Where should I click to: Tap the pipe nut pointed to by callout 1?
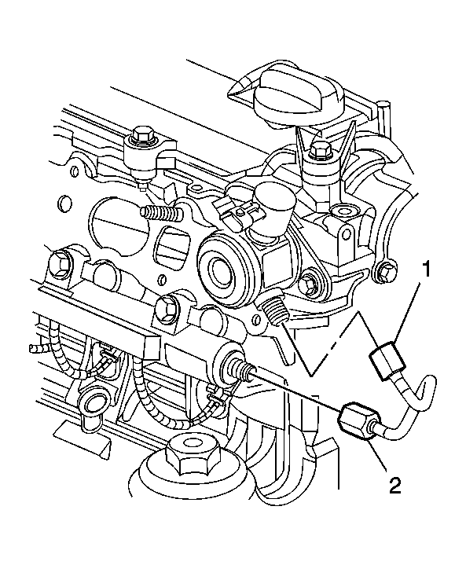click(387, 361)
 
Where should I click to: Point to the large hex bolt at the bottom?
click(189, 455)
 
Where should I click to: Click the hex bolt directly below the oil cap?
click(321, 150)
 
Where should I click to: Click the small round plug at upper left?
click(64, 203)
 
